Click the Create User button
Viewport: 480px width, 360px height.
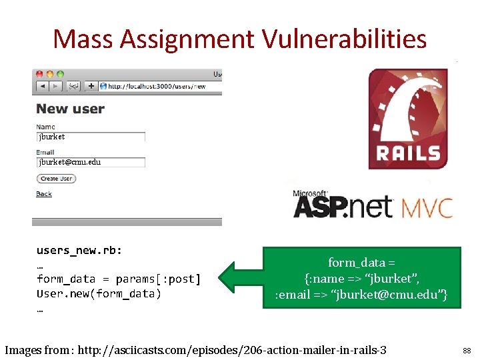[x=56, y=179]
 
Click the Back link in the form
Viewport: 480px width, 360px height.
[x=44, y=194]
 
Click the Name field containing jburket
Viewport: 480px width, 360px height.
[x=91, y=137]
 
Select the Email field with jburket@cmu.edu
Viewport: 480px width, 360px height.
[x=91, y=162]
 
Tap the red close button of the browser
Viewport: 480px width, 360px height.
[x=39, y=74]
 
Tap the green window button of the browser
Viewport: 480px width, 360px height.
[x=60, y=74]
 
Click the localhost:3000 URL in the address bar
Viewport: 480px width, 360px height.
[x=157, y=86]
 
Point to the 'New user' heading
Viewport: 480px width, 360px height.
[x=71, y=109]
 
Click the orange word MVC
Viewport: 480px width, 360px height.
[x=427, y=207]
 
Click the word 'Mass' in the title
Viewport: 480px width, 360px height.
[x=83, y=39]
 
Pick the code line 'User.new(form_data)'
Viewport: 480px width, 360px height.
[x=99, y=293]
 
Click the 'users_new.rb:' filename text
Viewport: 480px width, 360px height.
[x=79, y=251]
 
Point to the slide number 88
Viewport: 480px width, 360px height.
[x=466, y=350]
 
